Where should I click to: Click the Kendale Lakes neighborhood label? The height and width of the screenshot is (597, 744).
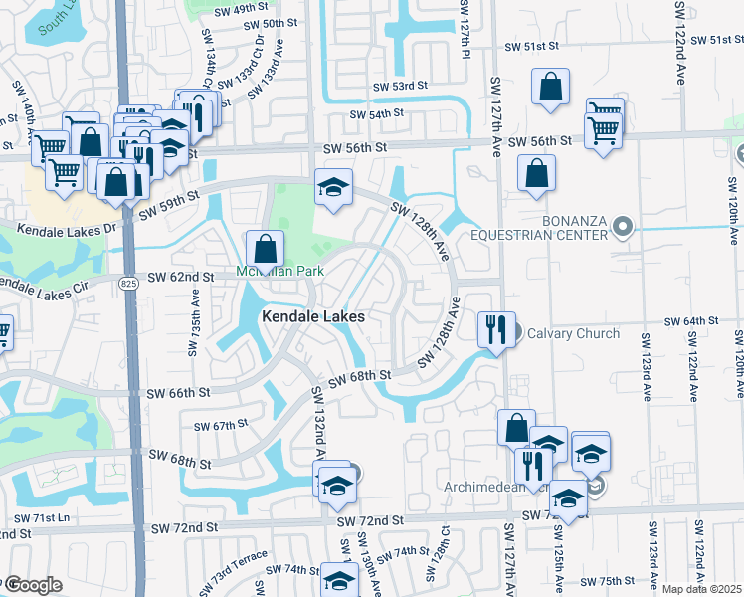pos(313,316)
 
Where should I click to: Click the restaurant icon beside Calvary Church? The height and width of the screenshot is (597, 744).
pos(495,328)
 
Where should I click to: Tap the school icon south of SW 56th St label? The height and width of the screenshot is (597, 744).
pos(334,187)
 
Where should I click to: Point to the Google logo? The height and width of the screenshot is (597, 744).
pos(32,584)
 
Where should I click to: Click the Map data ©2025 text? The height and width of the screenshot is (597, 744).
pos(701,589)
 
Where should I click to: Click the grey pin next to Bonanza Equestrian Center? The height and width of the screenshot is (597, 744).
pos(623,227)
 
